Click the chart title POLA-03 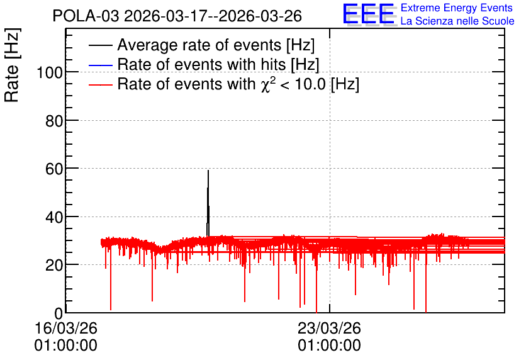pos(177,16)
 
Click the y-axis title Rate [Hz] pos(12,65)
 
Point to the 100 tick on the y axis pos(50,72)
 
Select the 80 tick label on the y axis pos(54,121)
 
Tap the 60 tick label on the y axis pos(54,169)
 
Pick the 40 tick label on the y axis pos(54,217)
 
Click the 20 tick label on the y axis pos(54,266)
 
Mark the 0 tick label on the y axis pos(59,313)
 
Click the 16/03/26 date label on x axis pos(65,328)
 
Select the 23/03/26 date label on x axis pos(330,328)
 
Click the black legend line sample pos(100,45)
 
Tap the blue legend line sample pos(100,65)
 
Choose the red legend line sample pos(100,84)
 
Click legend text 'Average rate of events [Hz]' pos(216,45)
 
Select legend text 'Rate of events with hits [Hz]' pos(218,64)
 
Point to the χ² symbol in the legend pos(268,84)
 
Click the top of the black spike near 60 pos(208,171)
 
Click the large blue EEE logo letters pos(369,14)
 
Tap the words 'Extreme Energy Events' pos(457,8)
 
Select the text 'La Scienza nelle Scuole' pos(457,21)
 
